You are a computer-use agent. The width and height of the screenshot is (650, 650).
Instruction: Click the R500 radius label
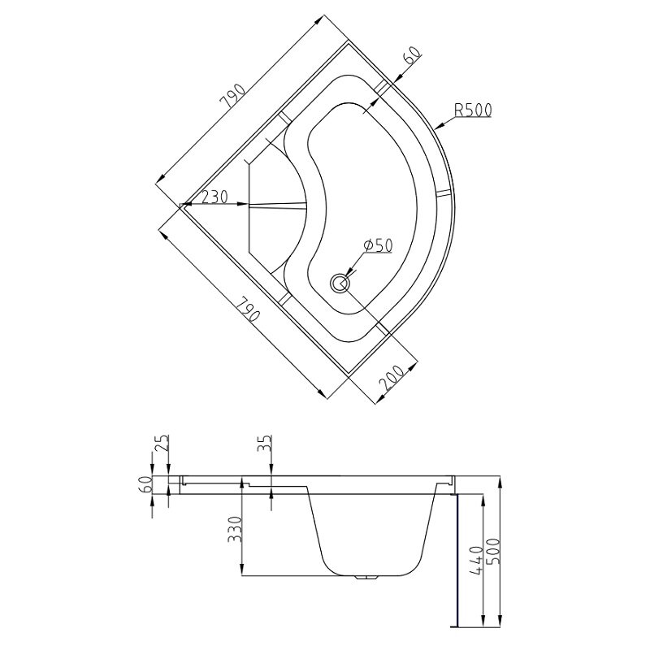[473, 110]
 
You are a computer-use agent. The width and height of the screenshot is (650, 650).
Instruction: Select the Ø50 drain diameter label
[378, 246]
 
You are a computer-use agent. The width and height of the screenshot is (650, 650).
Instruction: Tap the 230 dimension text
[214, 197]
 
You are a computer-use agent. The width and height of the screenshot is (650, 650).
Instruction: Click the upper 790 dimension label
[234, 96]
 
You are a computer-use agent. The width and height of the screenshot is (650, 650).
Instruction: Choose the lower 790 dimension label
[249, 311]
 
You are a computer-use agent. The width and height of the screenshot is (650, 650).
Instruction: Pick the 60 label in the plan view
[412, 54]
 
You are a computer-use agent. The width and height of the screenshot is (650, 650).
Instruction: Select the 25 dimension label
[162, 443]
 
